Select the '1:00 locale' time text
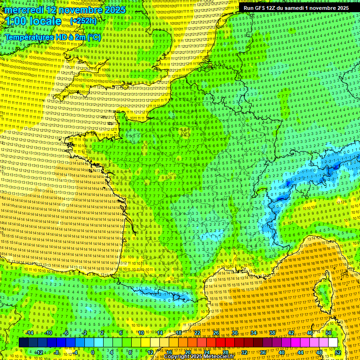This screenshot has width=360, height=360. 33,21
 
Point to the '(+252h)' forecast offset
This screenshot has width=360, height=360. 84,21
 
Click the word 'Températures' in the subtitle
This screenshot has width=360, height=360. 29,37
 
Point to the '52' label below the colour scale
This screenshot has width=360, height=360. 337,352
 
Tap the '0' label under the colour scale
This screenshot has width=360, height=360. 93,352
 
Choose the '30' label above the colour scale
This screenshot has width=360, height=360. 234,333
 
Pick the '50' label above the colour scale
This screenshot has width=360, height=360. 329,333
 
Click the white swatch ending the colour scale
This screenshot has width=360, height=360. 333,343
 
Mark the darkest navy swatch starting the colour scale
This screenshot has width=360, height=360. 23,343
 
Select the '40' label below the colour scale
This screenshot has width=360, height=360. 281,352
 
